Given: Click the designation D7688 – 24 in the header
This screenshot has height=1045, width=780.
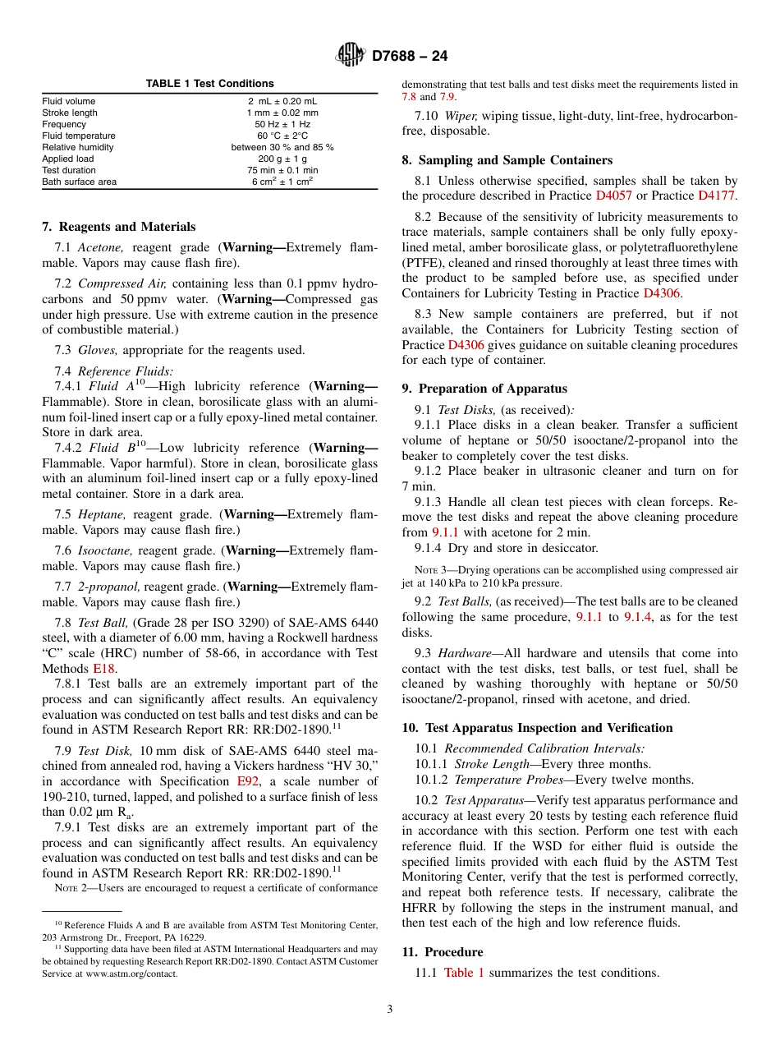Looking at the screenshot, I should click(410, 57).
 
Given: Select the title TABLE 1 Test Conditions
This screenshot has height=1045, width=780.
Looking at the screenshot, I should click(209, 84).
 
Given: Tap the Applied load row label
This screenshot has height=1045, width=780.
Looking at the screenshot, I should click(68, 159).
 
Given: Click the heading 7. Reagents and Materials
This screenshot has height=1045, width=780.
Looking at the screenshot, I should click(119, 227).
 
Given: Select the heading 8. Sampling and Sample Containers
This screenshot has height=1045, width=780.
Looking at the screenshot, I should click(507, 160).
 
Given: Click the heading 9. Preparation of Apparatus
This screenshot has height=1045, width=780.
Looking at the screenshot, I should click(484, 389).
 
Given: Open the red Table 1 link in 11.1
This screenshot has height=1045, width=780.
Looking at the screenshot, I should click(464, 973).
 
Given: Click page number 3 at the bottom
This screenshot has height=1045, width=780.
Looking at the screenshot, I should click(390, 1009).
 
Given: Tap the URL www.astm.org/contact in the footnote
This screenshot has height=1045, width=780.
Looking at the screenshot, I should click(132, 974).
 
